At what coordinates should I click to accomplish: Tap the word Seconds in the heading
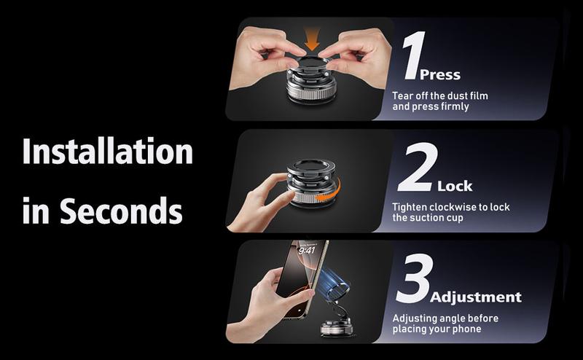(122, 211)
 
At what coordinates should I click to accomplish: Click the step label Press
(439, 75)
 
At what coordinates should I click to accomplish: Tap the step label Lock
(455, 186)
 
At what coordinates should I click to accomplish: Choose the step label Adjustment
(476, 297)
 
